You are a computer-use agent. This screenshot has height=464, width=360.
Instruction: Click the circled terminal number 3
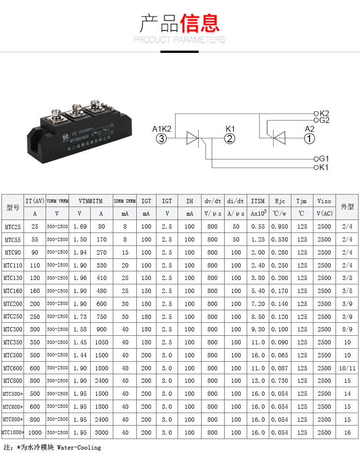tap(161, 139)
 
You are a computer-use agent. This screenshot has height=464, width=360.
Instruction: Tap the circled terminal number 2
tap(230, 139)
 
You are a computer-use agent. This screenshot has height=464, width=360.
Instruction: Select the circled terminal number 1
tap(310, 139)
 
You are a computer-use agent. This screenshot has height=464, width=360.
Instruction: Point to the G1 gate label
tap(324, 159)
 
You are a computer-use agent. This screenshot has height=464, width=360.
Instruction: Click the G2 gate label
tap(324, 120)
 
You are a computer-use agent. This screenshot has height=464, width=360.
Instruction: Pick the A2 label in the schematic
tap(310, 129)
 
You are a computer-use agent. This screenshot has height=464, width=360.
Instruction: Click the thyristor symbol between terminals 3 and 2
tap(192, 139)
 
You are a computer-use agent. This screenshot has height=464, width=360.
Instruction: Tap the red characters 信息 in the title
tap(200, 23)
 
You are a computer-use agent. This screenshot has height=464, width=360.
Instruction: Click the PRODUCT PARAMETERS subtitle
tap(179, 40)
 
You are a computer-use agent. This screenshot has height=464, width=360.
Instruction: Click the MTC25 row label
tap(13, 227)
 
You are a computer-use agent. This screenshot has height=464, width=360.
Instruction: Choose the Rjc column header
tap(280, 201)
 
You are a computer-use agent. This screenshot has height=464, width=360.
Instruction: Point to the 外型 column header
tap(347, 207)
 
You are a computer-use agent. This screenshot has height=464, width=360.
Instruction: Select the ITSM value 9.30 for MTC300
tap(258, 330)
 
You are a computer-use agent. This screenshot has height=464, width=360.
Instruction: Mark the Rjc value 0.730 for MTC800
tap(280, 381)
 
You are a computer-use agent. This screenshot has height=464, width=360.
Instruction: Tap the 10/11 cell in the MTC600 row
tap(347, 368)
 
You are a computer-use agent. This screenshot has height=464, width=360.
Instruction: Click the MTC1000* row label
tap(13, 432)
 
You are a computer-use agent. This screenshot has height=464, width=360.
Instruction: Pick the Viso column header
tap(324, 201)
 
